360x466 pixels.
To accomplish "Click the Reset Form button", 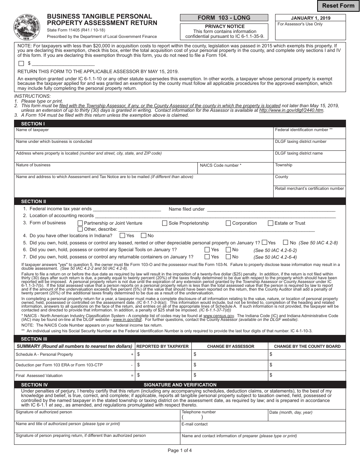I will pyautogui.click(x=338, y=6).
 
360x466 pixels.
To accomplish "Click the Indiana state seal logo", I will pyautogui.click(x=27, y=27).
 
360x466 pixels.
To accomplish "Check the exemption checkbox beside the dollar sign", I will pyautogui.click(x=21, y=64).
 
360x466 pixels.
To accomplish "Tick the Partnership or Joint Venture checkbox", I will pyautogui.click(x=80, y=223).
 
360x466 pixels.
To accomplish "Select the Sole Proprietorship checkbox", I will pyautogui.click(x=165, y=223).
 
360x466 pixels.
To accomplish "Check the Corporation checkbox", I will pyautogui.click(x=228, y=223).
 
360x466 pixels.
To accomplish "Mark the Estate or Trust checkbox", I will pyautogui.click(x=271, y=223).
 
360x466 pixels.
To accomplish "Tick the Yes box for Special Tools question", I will pyautogui.click(x=207, y=250).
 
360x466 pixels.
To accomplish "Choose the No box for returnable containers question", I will pyautogui.click(x=229, y=257).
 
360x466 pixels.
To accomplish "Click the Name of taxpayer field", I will pyautogui.click(x=144, y=134).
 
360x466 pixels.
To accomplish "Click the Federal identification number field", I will pyautogui.click(x=310, y=134).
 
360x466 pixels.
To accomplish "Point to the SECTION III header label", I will pyautogui.click(x=34, y=339).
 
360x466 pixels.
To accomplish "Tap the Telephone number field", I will pyautogui.click(x=224, y=417).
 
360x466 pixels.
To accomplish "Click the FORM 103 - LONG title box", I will pyautogui.click(x=224, y=18).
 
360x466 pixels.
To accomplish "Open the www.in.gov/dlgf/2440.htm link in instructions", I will pyautogui.click(x=291, y=110).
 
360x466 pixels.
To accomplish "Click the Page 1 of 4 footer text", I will pyautogui.click(x=180, y=450).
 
